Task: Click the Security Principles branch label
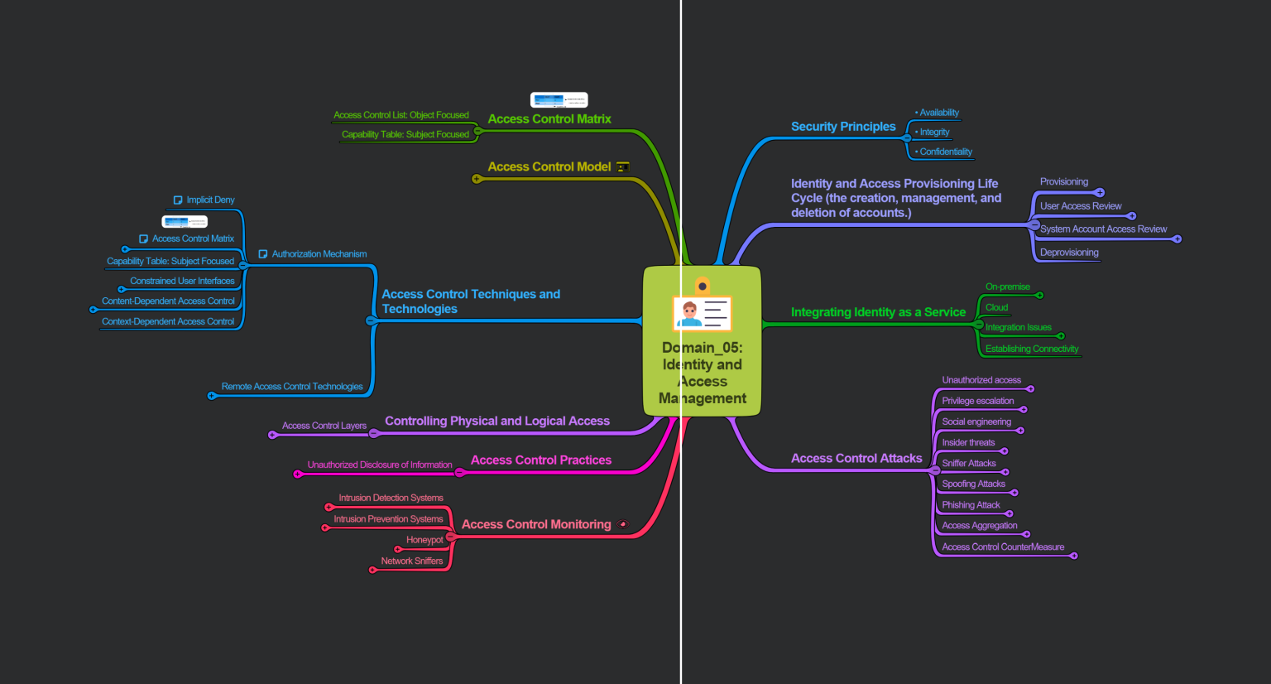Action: (842, 127)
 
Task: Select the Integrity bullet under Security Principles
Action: (934, 132)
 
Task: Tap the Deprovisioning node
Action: (1069, 253)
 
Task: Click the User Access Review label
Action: (1081, 206)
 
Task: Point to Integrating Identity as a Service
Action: (878, 312)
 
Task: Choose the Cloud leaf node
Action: (996, 308)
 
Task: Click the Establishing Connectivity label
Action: (1031, 349)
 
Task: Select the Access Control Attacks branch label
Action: (856, 458)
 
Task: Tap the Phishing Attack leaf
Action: (971, 505)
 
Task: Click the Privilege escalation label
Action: (977, 401)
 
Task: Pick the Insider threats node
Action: (968, 443)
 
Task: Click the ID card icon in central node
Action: (702, 312)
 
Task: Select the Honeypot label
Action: (424, 540)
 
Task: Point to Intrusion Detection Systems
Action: (391, 499)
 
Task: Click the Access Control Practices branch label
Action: (541, 460)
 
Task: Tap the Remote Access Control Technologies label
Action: (292, 387)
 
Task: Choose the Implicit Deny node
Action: (210, 200)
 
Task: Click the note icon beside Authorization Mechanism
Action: (263, 254)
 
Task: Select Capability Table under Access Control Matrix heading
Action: (405, 134)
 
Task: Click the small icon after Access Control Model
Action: (623, 167)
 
